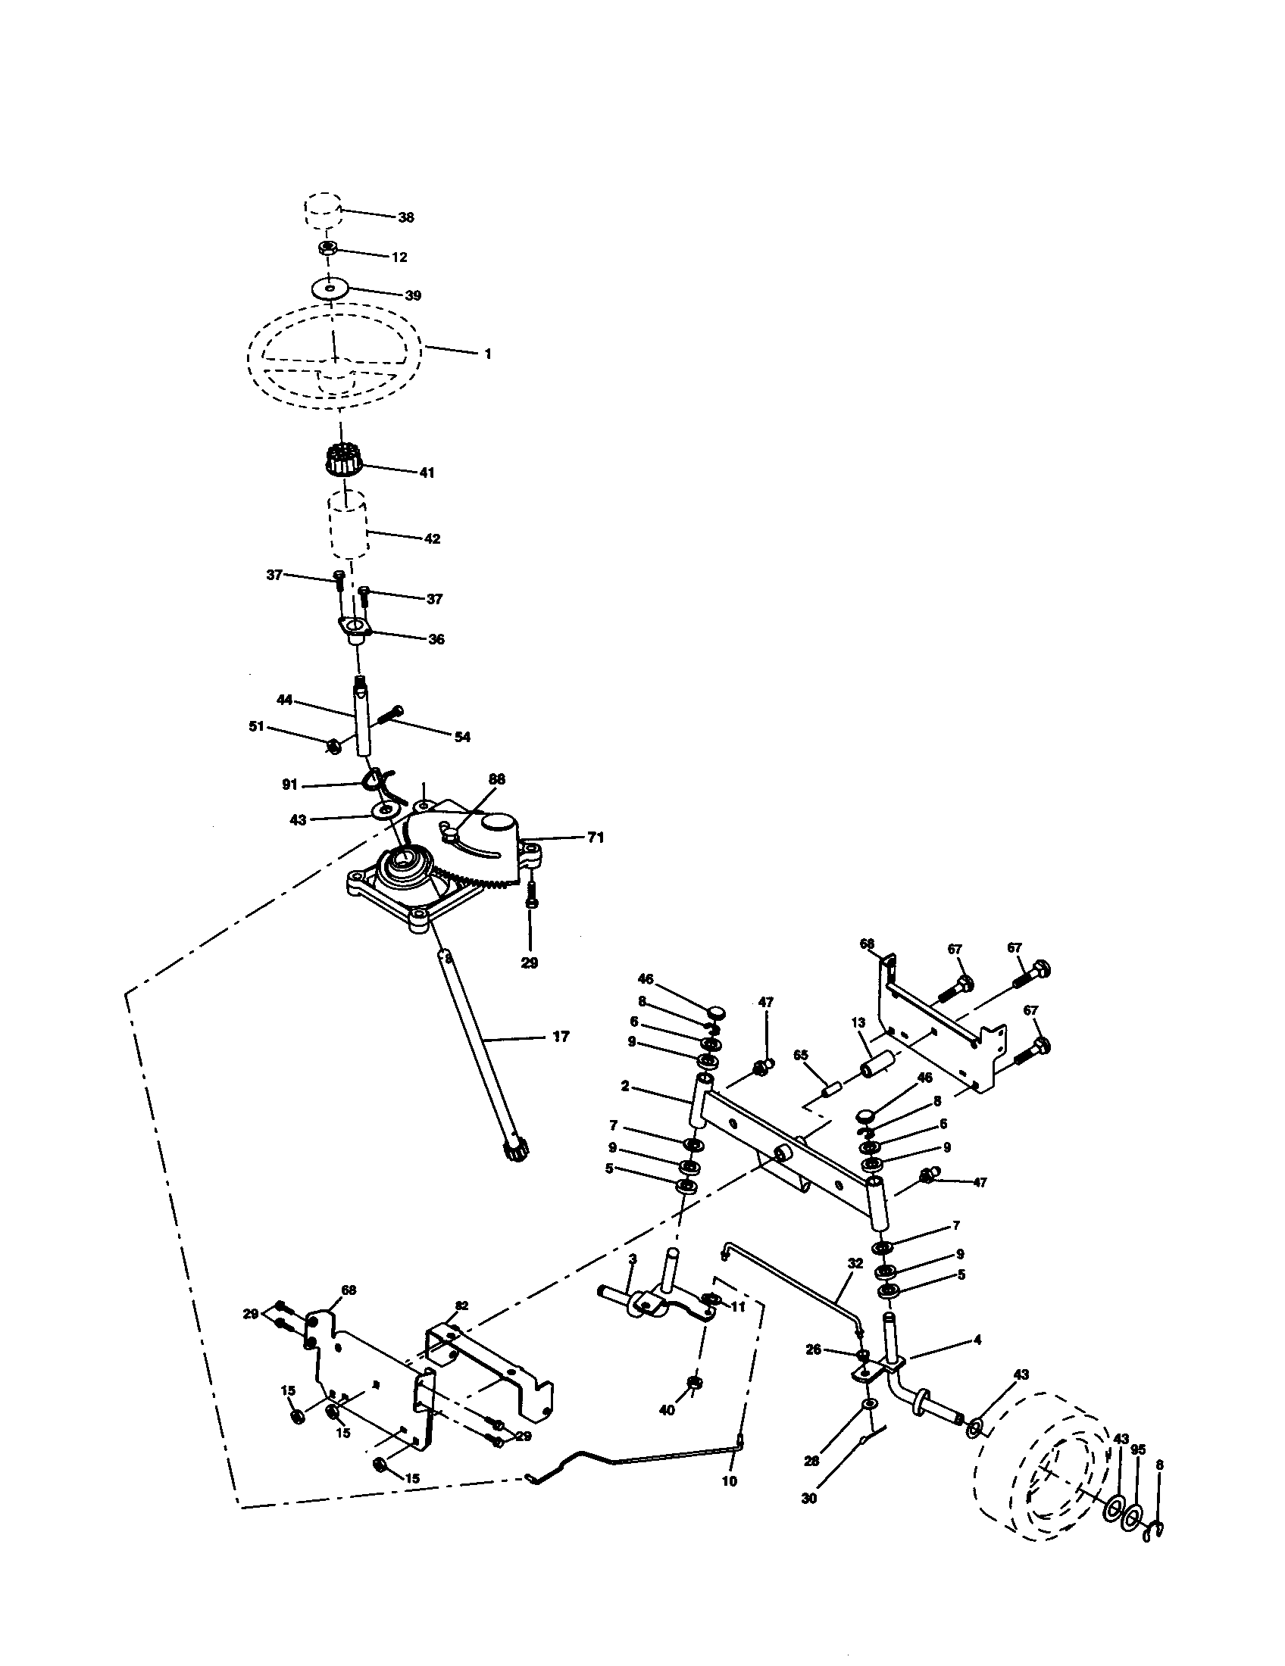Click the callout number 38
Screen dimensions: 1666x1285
406,217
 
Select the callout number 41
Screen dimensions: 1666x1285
427,473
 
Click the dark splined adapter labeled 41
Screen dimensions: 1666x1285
346,460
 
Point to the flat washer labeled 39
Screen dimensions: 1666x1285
330,289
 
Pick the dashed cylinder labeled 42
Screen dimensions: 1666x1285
348,526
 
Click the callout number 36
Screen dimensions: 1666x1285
436,639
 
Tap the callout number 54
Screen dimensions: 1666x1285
462,737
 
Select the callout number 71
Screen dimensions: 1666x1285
596,838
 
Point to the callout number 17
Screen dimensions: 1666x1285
561,1037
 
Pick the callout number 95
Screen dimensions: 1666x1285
1138,1450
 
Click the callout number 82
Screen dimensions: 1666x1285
462,1306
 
